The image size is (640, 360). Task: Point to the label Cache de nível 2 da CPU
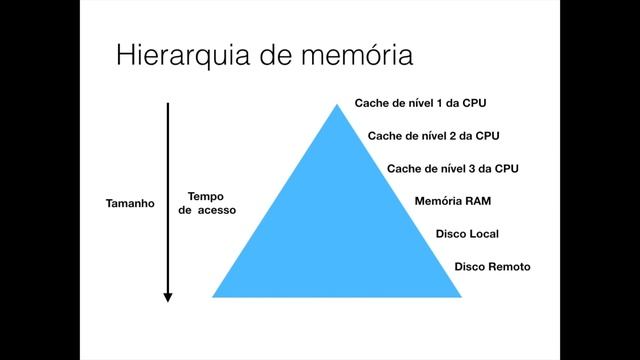tap(434, 135)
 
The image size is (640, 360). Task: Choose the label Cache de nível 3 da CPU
tap(452, 168)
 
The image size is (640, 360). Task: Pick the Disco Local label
tap(467, 234)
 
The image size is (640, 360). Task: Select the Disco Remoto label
tap(492, 267)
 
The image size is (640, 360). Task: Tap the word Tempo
tap(205, 196)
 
